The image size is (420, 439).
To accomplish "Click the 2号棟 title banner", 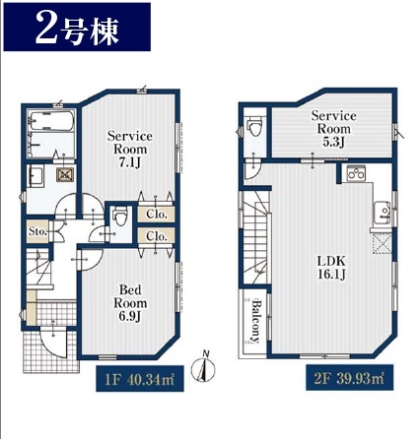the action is pos(77,28).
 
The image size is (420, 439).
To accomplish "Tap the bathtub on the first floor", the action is pos(50,121).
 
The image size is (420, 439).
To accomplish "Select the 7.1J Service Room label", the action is pos(130,150).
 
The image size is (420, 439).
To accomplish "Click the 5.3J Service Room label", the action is pos(333,129).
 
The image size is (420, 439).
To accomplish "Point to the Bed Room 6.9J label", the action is pos(130,303).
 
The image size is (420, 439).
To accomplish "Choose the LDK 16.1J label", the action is pos(331,268).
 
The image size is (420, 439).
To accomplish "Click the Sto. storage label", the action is pos(37,231).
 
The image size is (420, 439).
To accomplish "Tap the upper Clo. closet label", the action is pos(157,215).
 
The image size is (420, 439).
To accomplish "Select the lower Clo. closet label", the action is pos(157,236).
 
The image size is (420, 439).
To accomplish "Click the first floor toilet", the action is pos(120,218).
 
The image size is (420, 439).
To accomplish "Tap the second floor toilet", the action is pos(254,127).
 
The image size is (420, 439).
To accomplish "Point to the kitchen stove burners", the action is pos(356,173).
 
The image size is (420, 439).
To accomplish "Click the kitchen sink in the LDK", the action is pos(382,213).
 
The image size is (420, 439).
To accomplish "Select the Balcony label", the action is pos(255,321).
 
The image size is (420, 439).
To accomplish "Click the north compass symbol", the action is pos(204,368).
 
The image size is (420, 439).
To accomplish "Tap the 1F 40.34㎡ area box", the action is pos(140,379).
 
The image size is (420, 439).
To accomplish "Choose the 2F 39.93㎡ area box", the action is pos(349,378).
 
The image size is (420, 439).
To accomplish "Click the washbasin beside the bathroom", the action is pos(35,176).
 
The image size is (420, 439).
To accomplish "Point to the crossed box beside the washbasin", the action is pos(66,175).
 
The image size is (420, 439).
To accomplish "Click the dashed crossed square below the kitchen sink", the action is pos(382,243).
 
